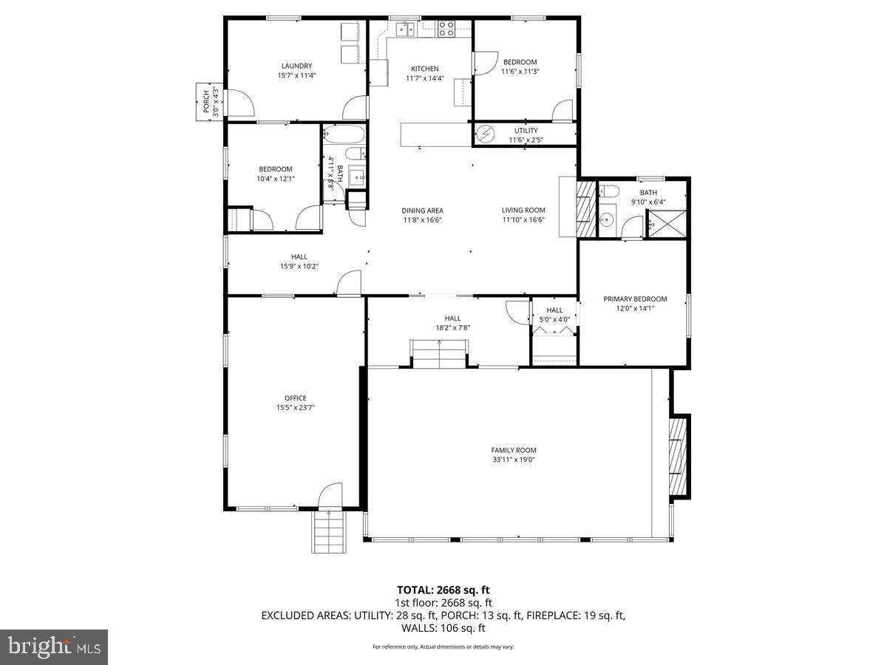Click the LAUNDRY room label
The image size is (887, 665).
tap(296, 65)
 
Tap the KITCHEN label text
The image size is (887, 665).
tap(424, 69)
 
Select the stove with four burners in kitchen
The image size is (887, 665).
tap(446, 29)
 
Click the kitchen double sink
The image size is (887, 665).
tap(404, 29)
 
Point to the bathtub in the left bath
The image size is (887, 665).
tap(344, 135)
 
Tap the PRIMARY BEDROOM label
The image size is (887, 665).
tap(635, 299)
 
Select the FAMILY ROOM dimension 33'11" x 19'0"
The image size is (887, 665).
tap(513, 459)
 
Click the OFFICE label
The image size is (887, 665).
tap(295, 398)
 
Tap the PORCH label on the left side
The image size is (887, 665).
tap(206, 102)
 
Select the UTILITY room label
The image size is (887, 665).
tap(526, 131)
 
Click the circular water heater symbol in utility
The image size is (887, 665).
tap(486, 134)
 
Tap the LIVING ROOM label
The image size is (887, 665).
tap(523, 210)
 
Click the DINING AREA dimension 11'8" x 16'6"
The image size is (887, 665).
tap(423, 219)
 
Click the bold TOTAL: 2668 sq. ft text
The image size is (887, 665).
tap(443, 590)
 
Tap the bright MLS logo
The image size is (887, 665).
tap(54, 647)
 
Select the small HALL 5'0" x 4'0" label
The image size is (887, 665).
tap(554, 310)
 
